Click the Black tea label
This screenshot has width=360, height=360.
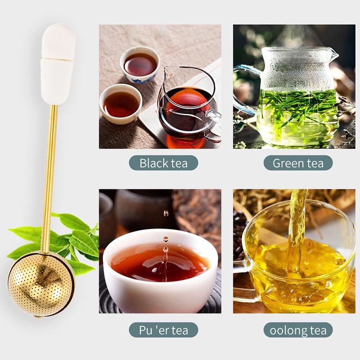pyautogui.click(x=163, y=163)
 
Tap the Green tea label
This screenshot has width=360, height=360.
pyautogui.click(x=298, y=163)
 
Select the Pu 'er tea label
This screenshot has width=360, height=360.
pyautogui.click(x=163, y=330)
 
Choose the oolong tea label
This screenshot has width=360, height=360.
pyautogui.click(x=298, y=330)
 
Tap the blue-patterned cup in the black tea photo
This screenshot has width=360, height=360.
pyautogui.click(x=140, y=65)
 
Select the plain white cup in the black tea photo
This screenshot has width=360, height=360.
pyautogui.click(x=121, y=104)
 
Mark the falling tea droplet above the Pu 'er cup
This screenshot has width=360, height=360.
pyautogui.click(x=166, y=213)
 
